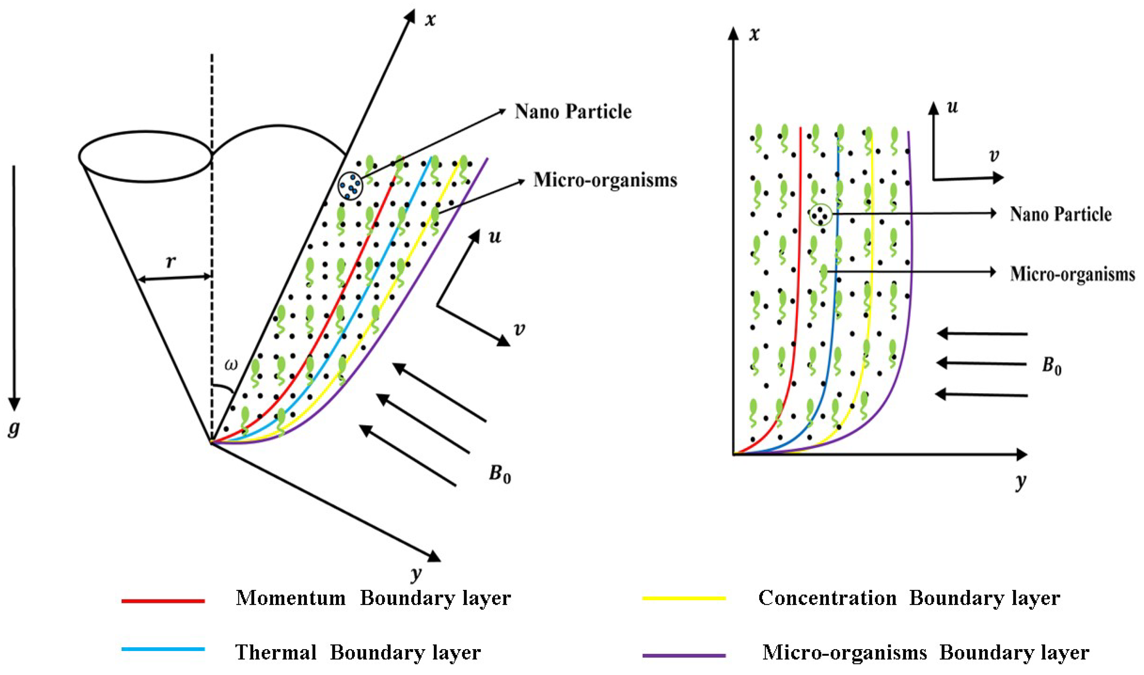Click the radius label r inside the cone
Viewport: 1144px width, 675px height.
pos(171,262)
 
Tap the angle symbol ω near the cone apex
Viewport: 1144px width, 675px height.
pos(231,365)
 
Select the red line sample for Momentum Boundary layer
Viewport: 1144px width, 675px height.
pos(163,601)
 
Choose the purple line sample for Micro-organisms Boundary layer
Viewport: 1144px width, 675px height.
pos(683,655)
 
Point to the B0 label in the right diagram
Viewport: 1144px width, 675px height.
pos(1051,366)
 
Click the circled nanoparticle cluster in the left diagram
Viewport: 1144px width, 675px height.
pos(350,185)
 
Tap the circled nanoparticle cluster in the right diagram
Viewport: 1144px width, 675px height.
pos(820,214)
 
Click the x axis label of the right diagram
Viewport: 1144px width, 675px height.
pos(754,35)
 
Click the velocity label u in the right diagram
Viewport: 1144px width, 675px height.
pos(951,107)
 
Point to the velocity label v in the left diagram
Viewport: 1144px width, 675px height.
pos(519,329)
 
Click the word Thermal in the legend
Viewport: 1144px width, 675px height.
pos(276,653)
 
